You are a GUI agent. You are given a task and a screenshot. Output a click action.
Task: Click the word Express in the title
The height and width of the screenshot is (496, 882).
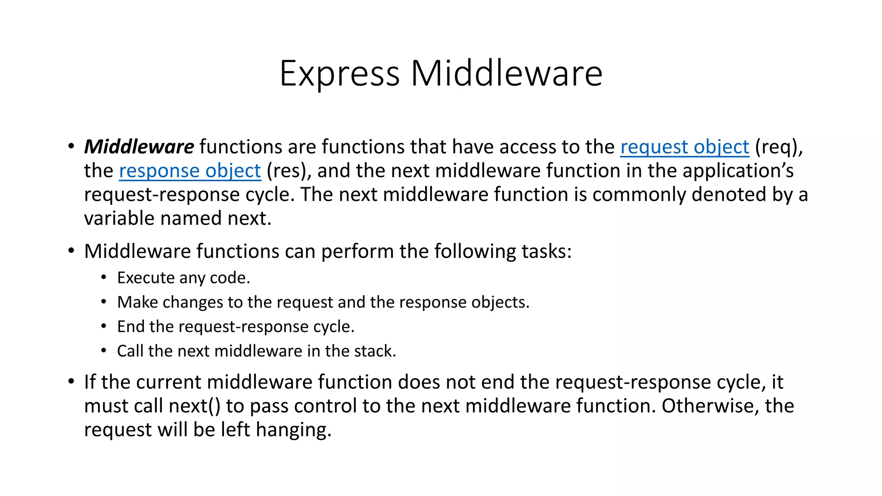[x=339, y=74]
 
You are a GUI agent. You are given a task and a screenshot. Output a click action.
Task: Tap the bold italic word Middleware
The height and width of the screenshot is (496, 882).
[x=139, y=147]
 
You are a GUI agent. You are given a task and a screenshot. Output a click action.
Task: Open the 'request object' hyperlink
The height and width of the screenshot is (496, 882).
[x=684, y=147]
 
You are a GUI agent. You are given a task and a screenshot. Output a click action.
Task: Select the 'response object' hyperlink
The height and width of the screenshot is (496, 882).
[x=190, y=171]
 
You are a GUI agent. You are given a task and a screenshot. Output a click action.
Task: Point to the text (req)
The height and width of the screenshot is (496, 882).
[x=779, y=147]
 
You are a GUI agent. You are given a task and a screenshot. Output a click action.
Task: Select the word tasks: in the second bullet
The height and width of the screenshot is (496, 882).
[x=547, y=251]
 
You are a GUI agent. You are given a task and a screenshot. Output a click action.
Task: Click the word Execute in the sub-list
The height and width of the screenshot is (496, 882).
[x=145, y=278]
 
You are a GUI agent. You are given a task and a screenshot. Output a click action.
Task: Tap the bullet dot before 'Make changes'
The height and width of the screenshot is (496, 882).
[x=103, y=302]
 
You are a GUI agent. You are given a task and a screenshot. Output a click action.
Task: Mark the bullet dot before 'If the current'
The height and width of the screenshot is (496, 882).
[x=71, y=381]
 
